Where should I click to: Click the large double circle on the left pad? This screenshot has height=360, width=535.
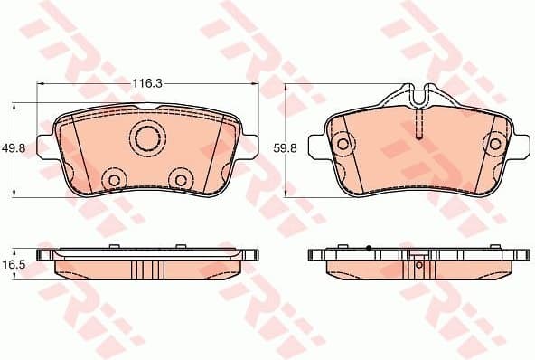click(146, 138)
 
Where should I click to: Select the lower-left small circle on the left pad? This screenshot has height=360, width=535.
click(114, 180)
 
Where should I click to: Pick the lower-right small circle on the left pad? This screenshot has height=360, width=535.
click(180, 180)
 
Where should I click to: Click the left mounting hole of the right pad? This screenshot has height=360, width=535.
click(342, 144)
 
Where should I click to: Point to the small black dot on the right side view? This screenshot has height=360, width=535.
click(370, 246)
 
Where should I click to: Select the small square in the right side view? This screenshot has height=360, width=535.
click(418, 265)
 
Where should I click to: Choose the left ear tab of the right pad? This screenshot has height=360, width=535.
click(316, 145)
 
